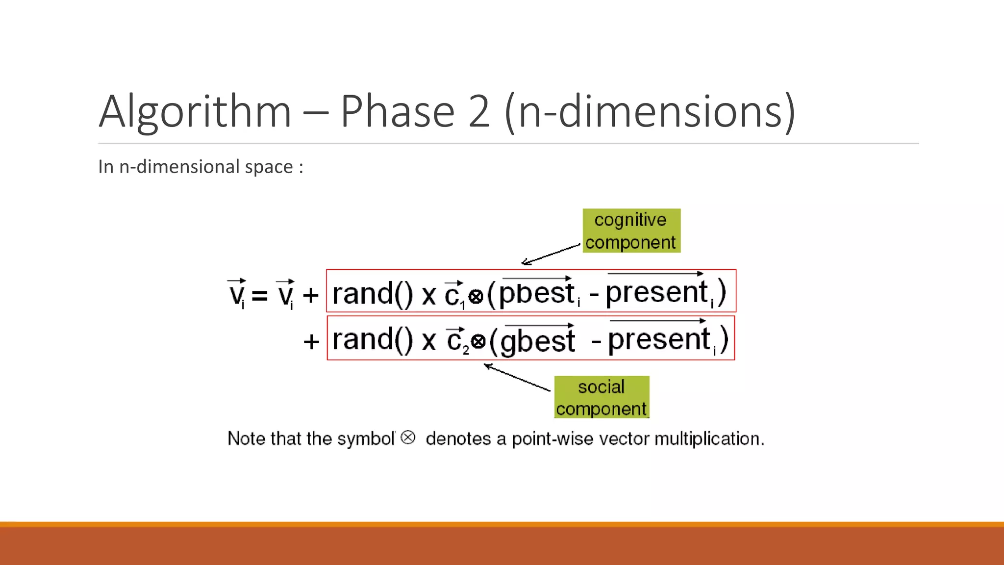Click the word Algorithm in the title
tap(195, 112)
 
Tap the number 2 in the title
tap(479, 112)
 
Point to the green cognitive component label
tap(631, 231)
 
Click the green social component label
tap(602, 397)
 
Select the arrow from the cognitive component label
tap(550, 254)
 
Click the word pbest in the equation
tap(537, 293)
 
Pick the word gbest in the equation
tap(538, 340)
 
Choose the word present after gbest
tap(659, 339)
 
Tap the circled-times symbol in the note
tap(408, 437)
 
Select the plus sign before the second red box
tap(311, 341)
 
